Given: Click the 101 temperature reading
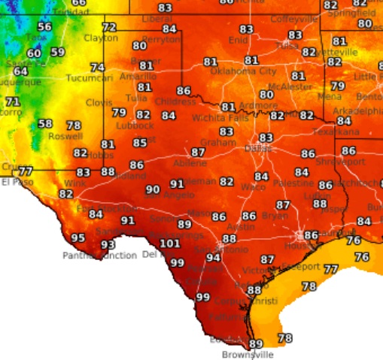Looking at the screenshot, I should point(170,244).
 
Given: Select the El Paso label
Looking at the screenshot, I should point(17,182).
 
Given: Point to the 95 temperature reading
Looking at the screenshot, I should point(78,238).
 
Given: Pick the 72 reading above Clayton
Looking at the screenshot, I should point(109,28).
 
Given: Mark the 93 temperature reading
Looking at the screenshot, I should point(108,245).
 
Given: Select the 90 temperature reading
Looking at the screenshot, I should point(153,190).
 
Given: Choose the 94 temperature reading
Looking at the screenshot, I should point(214,258).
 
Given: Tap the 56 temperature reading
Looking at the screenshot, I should point(44,27).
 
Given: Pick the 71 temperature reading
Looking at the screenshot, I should point(13,101).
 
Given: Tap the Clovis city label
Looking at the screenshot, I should point(99,101).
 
